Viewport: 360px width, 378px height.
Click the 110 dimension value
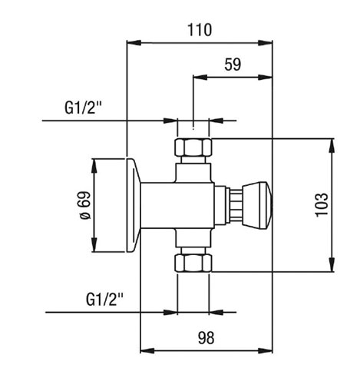200,30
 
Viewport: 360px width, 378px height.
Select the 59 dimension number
233,65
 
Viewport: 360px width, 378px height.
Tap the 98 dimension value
206,337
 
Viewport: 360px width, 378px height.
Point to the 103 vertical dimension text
322,205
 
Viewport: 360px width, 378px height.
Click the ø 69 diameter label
85,205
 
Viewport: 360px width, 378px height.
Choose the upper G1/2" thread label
83,108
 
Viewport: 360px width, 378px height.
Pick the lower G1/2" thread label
104,300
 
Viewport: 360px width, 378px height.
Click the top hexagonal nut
193,147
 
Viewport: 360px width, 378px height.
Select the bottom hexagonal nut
193,263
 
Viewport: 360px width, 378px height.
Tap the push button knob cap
257,205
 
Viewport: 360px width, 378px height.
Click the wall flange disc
134,205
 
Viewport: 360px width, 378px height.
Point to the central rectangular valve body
177,205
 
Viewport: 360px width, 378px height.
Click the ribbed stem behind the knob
236,205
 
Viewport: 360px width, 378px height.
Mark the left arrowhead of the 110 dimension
134,43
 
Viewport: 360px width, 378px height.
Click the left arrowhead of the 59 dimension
200,78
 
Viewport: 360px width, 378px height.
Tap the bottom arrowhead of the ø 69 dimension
94,245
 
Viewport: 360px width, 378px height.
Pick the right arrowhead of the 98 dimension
266,350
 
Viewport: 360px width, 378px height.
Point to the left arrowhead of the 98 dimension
147,350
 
